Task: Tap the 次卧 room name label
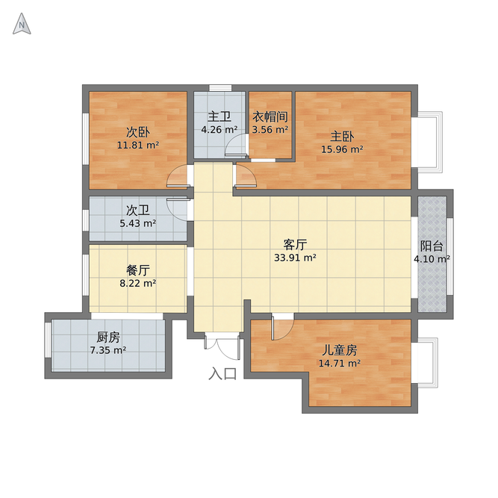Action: pyautogui.click(x=137, y=132)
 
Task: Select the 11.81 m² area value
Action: pyautogui.click(x=137, y=146)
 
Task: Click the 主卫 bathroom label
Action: pyautogui.click(x=220, y=116)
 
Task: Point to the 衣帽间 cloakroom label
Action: pyautogui.click(x=270, y=116)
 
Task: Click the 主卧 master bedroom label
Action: pyautogui.click(x=343, y=137)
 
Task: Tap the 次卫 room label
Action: pyautogui.click(x=137, y=210)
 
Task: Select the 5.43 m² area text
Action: pyautogui.click(x=137, y=222)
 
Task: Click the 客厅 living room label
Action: pyautogui.click(x=296, y=244)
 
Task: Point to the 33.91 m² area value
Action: pyautogui.click(x=296, y=258)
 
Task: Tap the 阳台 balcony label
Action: pyautogui.click(x=432, y=246)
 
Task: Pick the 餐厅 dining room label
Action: pyautogui.click(x=137, y=270)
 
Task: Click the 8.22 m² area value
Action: pyautogui.click(x=137, y=283)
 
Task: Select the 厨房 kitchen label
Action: pyautogui.click(x=108, y=337)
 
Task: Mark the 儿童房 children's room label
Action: pyautogui.click(x=340, y=349)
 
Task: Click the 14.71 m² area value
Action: pyautogui.click(x=340, y=364)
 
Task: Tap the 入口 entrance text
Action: pyautogui.click(x=222, y=373)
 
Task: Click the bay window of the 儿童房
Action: pyautogui.click(x=426, y=362)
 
